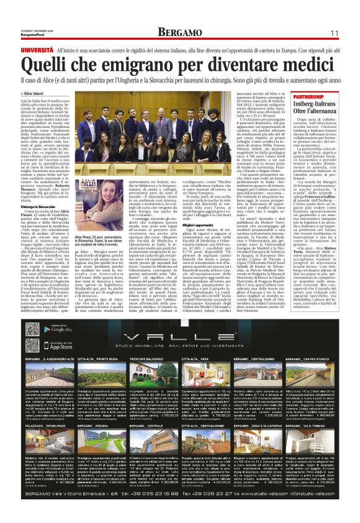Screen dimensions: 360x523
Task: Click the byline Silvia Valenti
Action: point(41,93)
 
